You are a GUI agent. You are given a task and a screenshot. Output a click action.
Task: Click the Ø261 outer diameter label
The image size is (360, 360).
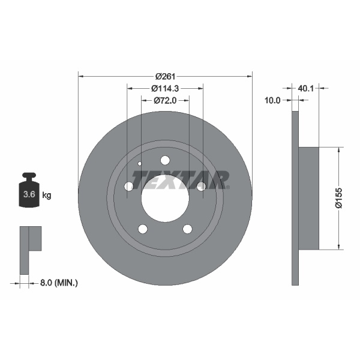pyautogui.click(x=165, y=76)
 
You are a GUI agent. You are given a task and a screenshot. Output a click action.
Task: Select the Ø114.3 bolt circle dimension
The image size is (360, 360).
pyautogui.click(x=165, y=88)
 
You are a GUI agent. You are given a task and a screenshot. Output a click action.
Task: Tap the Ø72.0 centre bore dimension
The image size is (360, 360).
pyautogui.click(x=165, y=100)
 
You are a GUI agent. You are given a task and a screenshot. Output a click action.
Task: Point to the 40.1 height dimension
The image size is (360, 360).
pyautogui.click(x=306, y=88)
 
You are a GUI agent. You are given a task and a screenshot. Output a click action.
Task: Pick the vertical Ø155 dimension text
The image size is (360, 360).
pyautogui.click(x=338, y=198)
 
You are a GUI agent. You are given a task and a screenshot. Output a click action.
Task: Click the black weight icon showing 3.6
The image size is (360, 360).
pyautogui.click(x=28, y=193)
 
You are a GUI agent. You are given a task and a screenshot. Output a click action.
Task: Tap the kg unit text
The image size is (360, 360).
pyautogui.click(x=47, y=195)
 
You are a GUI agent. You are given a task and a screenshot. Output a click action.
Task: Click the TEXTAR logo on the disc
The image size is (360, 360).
pyautogui.click(x=181, y=179)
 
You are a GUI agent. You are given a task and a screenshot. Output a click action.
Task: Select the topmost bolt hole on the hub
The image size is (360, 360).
pyautogui.click(x=165, y=160)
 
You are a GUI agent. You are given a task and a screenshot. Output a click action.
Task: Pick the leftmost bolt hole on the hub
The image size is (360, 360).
pyautogui.click(x=129, y=187)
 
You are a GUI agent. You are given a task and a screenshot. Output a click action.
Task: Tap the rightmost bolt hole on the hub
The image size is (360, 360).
pyautogui.click(x=201, y=187)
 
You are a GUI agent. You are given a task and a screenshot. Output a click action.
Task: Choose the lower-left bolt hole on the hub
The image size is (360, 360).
pyautogui.click(x=143, y=229)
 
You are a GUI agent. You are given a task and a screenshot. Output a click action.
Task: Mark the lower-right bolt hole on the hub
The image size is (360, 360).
pyautogui.click(x=187, y=229)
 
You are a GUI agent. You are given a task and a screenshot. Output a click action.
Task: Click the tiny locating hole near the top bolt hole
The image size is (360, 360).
pyautogui.click(x=140, y=164)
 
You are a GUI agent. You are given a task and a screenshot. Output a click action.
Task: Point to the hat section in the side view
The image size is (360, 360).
pyautogui.click(x=308, y=198)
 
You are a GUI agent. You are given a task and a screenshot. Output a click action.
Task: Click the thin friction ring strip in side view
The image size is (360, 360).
pyautogui.click(x=295, y=198)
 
